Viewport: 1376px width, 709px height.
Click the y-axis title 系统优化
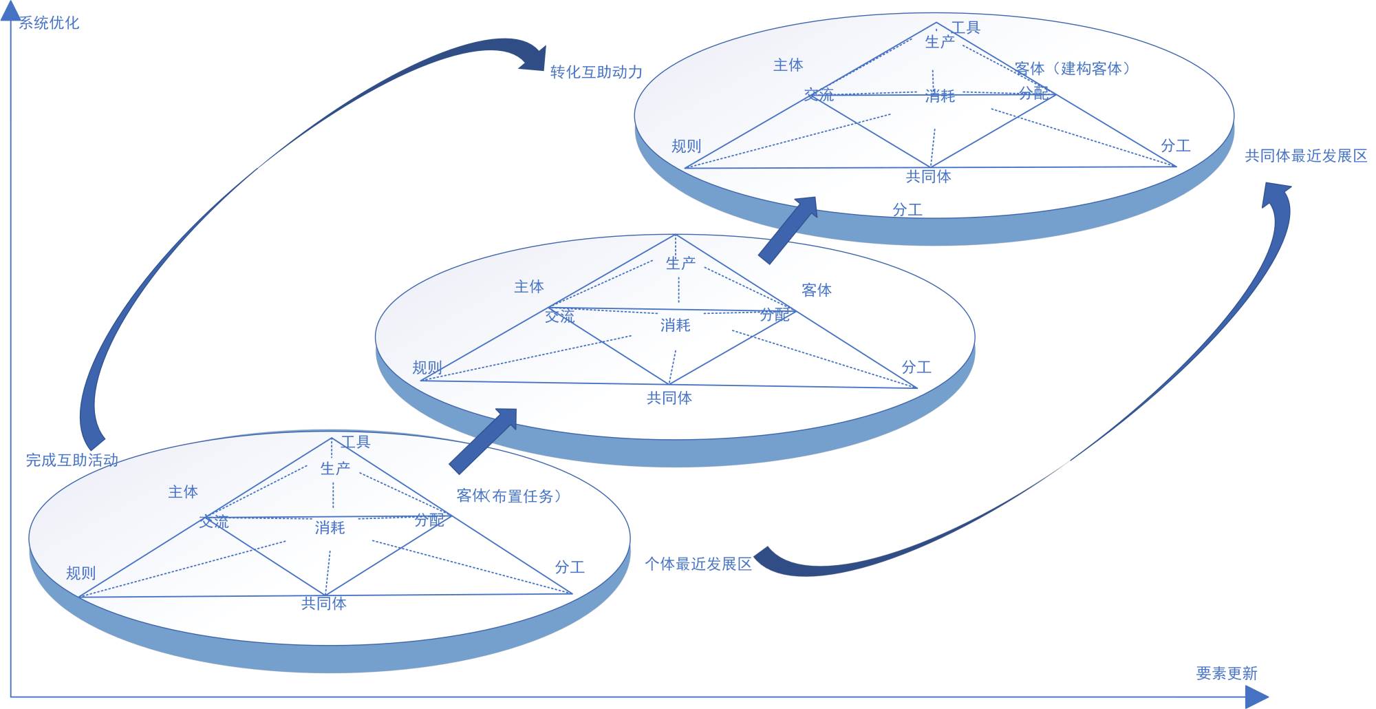49,23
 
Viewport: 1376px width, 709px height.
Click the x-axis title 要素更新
1226,673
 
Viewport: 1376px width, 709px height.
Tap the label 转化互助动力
596,72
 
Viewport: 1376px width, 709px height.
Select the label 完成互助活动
72,460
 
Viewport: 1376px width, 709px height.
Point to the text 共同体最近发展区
1306,156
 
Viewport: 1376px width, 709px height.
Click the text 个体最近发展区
698,564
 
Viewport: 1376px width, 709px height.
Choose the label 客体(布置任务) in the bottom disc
508,496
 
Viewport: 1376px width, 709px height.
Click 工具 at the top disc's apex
965,28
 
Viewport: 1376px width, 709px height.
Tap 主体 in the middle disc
528,286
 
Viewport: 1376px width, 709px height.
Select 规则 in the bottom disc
80,573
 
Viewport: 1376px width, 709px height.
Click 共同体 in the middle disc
669,398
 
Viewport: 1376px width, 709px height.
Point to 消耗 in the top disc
940,96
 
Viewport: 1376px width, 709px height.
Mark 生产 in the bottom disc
335,469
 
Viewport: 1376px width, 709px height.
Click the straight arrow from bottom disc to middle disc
484,440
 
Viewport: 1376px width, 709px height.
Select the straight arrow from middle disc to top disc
788,229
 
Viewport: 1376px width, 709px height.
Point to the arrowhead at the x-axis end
1257,697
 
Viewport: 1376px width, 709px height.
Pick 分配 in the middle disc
775,315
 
